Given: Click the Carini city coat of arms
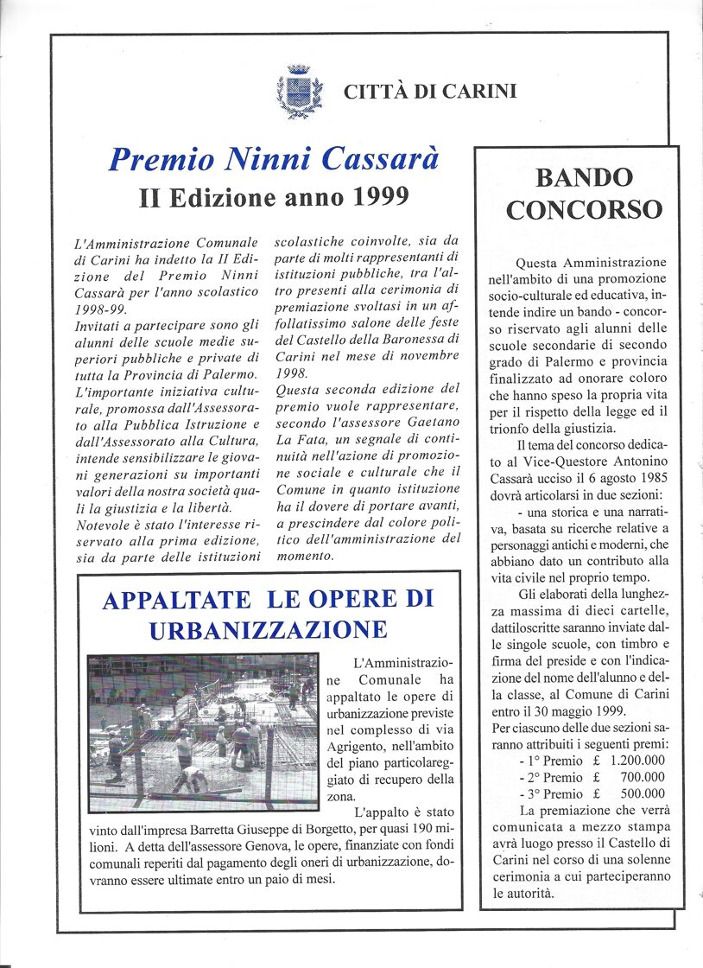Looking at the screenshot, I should pos(300,91).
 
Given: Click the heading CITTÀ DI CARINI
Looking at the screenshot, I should pos(430,91).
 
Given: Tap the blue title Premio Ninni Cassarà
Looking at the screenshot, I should pos(274,160).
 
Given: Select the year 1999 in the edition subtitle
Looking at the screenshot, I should pos(380,197).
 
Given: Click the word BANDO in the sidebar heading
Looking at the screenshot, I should pos(584,178).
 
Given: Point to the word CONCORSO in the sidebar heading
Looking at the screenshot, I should pos(584,210).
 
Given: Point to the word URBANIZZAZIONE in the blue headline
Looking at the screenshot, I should pos(268,630).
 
